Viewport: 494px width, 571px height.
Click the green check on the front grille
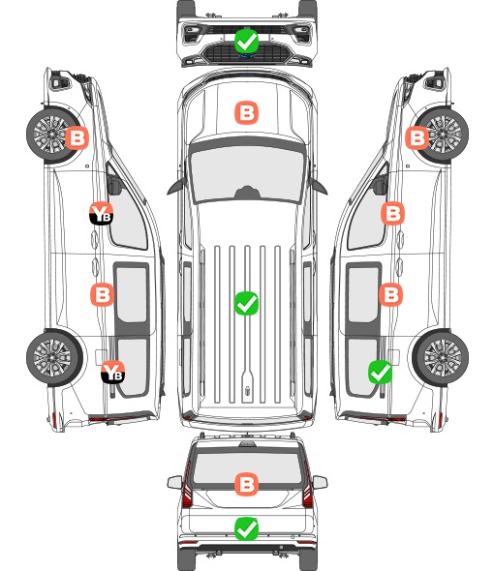pos(246,41)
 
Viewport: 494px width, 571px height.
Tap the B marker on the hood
pos(246,112)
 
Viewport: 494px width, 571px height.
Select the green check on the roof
pos(246,303)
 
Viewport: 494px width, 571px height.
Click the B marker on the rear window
pos(246,484)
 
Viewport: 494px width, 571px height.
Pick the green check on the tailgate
pos(246,528)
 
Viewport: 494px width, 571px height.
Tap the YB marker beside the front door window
pos(101,213)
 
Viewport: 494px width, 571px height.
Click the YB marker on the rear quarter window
pos(113,372)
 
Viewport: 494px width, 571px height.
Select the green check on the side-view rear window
pos(381,372)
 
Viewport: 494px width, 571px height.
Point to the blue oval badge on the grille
pos(246,56)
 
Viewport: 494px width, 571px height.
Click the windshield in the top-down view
pos(247,174)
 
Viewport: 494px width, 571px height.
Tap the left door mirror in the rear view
pos(174,482)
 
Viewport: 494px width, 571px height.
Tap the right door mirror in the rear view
pos(320,482)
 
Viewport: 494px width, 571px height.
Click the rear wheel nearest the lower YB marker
pos(54,358)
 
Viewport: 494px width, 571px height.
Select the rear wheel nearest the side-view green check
pos(441,358)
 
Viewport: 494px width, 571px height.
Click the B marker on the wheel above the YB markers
pos(77,138)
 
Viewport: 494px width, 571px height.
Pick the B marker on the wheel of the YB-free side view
pos(417,138)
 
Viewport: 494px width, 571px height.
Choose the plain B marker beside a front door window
pos(392,213)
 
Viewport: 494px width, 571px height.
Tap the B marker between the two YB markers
pos(102,294)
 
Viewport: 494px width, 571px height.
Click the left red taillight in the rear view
pos(187,488)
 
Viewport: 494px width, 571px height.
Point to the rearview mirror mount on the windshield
pos(247,193)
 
